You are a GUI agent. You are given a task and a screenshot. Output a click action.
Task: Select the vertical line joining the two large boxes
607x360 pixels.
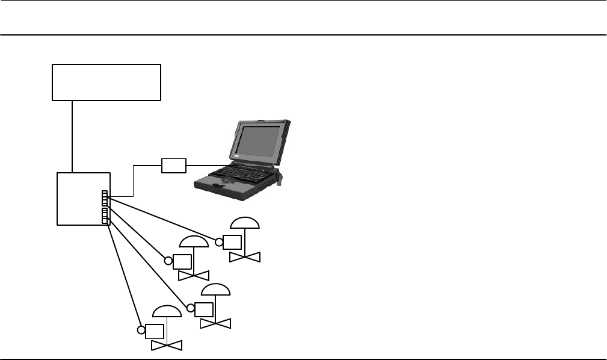click(72, 136)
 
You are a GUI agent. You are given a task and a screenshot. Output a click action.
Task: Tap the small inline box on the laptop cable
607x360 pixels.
click(174, 165)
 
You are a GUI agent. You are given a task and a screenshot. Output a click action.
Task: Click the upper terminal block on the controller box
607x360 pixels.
click(105, 198)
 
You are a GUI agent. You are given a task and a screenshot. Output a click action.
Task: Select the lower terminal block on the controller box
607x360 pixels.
click(105, 216)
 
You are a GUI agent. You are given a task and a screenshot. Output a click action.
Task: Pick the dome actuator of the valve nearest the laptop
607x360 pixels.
click(245, 223)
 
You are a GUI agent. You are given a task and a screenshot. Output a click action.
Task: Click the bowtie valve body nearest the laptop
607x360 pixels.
click(245, 257)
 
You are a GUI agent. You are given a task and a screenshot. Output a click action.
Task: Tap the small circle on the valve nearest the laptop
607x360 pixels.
click(220, 243)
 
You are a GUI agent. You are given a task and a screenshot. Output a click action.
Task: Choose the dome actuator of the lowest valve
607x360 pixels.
click(166, 311)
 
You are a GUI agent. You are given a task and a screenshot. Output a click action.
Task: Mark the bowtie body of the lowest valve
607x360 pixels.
click(166, 346)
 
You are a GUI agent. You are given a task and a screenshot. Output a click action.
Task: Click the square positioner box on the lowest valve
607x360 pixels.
click(155, 331)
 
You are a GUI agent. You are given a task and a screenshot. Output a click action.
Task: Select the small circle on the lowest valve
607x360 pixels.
click(141, 331)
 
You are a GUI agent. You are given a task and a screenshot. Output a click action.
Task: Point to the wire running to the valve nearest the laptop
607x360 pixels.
click(162, 220)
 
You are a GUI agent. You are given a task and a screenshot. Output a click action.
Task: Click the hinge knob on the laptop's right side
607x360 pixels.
click(280, 177)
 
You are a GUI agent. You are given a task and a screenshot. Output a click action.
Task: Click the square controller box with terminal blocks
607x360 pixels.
click(81, 199)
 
